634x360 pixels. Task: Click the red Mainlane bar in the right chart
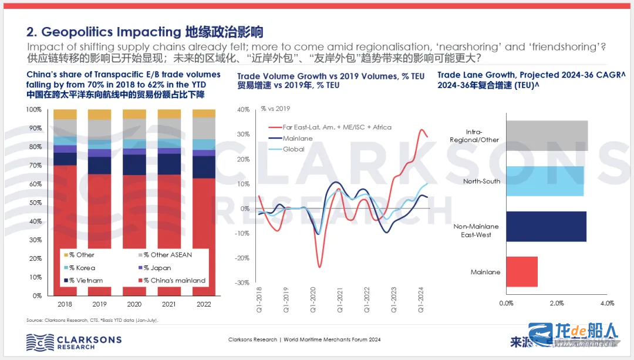click(x=521, y=272)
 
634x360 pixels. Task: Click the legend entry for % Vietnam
click(x=82, y=281)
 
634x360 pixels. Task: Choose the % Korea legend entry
click(x=79, y=268)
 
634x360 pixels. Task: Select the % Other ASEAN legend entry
click(x=167, y=255)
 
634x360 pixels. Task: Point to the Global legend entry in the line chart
click(x=294, y=149)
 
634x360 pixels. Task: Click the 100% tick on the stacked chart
click(x=33, y=110)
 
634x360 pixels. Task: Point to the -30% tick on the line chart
click(x=242, y=283)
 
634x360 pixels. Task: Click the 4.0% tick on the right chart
click(x=607, y=303)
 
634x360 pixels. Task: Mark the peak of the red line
click(x=421, y=130)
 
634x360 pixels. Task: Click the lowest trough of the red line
click(x=320, y=267)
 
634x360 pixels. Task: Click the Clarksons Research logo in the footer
click(x=73, y=341)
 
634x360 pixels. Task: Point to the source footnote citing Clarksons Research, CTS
click(x=93, y=320)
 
